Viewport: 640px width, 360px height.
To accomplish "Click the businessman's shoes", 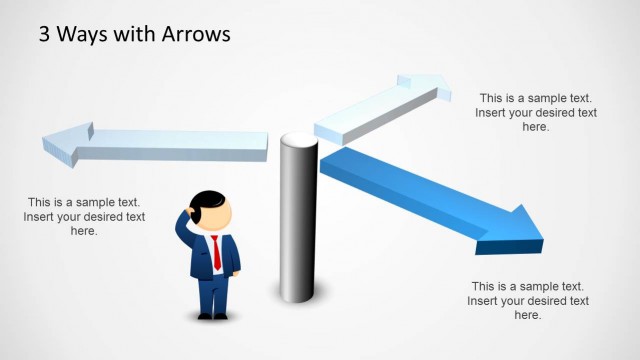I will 213,316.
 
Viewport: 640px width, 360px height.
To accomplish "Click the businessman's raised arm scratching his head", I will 185,228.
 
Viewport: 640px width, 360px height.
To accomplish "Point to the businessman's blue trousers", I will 213,295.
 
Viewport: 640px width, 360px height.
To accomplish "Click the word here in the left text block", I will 84,231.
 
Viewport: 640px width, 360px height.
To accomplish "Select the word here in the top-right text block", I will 536,127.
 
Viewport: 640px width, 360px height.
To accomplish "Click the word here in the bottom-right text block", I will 528,315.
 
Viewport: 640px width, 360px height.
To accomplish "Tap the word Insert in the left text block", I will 44,217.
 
